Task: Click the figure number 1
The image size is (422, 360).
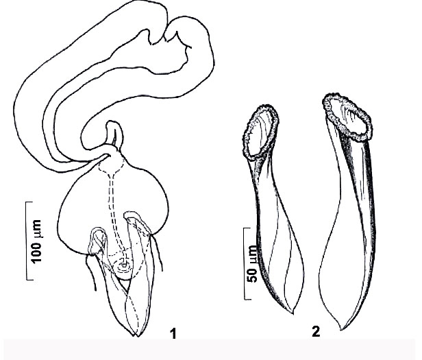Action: (173, 333)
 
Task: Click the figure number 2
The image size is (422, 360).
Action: (316, 331)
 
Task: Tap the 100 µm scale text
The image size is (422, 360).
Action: (36, 241)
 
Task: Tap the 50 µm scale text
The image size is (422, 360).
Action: (253, 264)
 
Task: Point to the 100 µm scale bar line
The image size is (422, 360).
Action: (27, 241)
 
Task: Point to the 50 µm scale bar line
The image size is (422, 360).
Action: (245, 263)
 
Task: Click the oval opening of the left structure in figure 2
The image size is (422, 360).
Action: (260, 132)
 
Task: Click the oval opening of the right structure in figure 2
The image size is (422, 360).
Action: (347, 117)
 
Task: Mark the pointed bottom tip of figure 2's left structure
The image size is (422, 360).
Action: (293, 313)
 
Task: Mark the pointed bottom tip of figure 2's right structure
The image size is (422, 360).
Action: (341, 329)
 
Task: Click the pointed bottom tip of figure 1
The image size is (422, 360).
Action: (136, 336)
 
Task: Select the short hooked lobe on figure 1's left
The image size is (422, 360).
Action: (97, 241)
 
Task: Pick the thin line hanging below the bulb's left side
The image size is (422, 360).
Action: (91, 273)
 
